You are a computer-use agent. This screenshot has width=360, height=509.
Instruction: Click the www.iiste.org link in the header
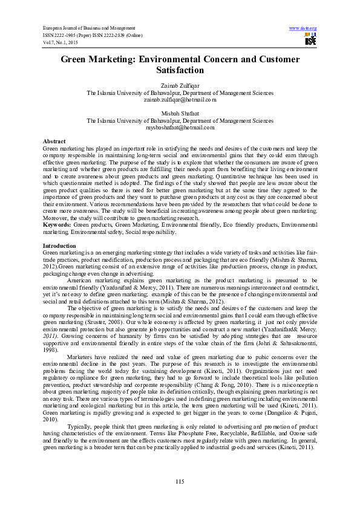click(303, 28)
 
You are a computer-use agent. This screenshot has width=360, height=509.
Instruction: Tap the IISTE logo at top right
click(310, 41)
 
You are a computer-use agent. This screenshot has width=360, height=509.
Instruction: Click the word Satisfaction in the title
click(180, 71)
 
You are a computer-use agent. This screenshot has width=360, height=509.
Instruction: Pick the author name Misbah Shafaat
click(180, 114)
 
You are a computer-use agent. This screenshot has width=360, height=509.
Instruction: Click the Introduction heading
click(59, 246)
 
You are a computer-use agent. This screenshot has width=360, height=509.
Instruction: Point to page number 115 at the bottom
click(180, 481)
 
